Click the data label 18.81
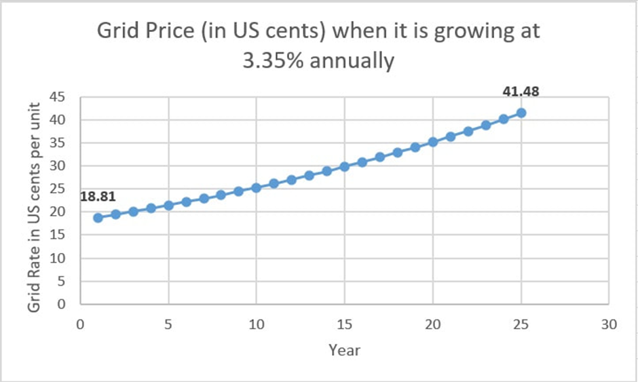tap(98, 197)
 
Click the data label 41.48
tap(521, 92)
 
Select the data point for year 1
tap(98, 218)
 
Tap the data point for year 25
tap(521, 113)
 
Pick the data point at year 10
tap(257, 187)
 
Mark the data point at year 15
tap(345, 166)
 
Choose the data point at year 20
tap(433, 142)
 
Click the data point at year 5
tap(169, 205)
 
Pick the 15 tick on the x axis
tap(345, 324)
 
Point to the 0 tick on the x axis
tap(81, 324)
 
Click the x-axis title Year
tap(344, 351)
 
